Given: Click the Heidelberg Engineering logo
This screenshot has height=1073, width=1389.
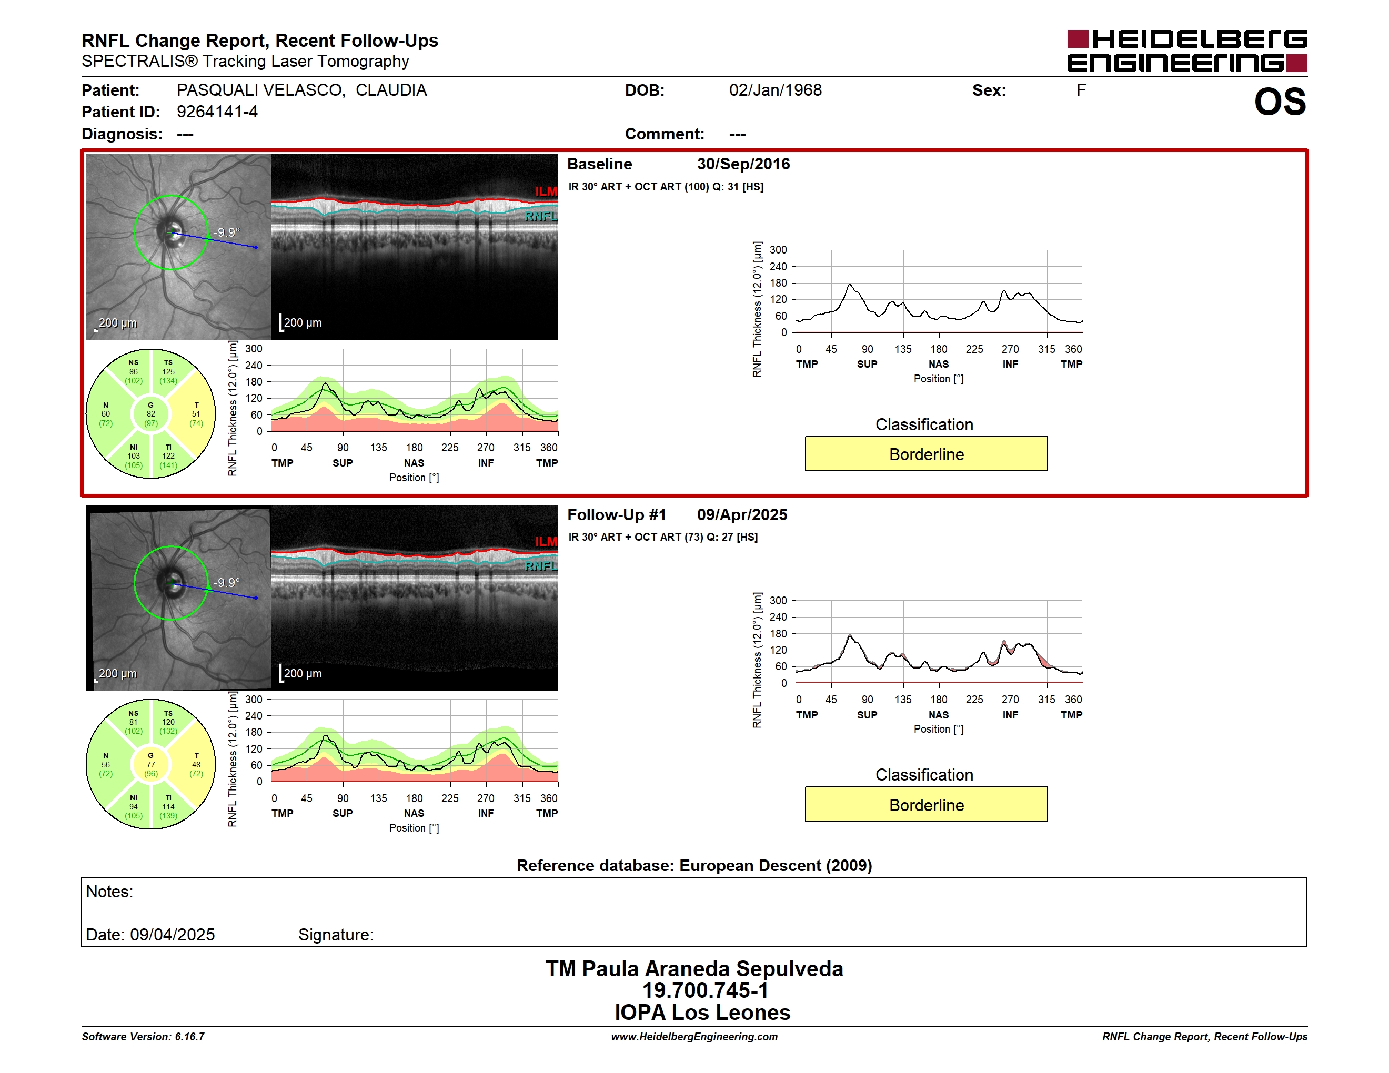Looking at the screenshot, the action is click(1187, 51).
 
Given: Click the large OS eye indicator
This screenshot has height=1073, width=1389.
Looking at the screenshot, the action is click(1280, 102).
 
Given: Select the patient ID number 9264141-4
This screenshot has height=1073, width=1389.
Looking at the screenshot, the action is click(217, 112).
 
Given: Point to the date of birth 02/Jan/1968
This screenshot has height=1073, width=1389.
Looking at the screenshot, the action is click(776, 90).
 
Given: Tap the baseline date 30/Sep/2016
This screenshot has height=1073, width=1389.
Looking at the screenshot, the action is click(743, 164).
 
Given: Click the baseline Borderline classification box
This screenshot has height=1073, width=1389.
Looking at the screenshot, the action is click(926, 454).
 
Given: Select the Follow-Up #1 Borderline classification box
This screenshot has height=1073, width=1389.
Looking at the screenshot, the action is click(926, 805).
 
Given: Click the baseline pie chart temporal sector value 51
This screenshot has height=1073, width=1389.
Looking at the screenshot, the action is click(196, 414).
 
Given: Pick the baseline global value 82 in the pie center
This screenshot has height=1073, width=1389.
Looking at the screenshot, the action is click(150, 414).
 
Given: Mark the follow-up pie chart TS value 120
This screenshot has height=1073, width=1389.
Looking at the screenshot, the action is click(168, 722).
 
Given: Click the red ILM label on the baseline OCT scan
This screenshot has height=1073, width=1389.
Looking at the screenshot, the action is click(546, 191).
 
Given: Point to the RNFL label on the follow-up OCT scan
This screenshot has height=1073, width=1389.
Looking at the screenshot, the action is click(540, 566).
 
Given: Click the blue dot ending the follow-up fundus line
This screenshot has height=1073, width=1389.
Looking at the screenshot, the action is click(256, 598).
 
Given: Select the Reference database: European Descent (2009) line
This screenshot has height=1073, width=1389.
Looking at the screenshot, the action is click(694, 866).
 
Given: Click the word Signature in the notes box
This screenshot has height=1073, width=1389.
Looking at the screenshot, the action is click(335, 935).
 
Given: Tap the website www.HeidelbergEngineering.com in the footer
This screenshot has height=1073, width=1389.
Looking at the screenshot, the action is click(694, 1037).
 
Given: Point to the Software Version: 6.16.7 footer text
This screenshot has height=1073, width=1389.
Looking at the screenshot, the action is click(143, 1037).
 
